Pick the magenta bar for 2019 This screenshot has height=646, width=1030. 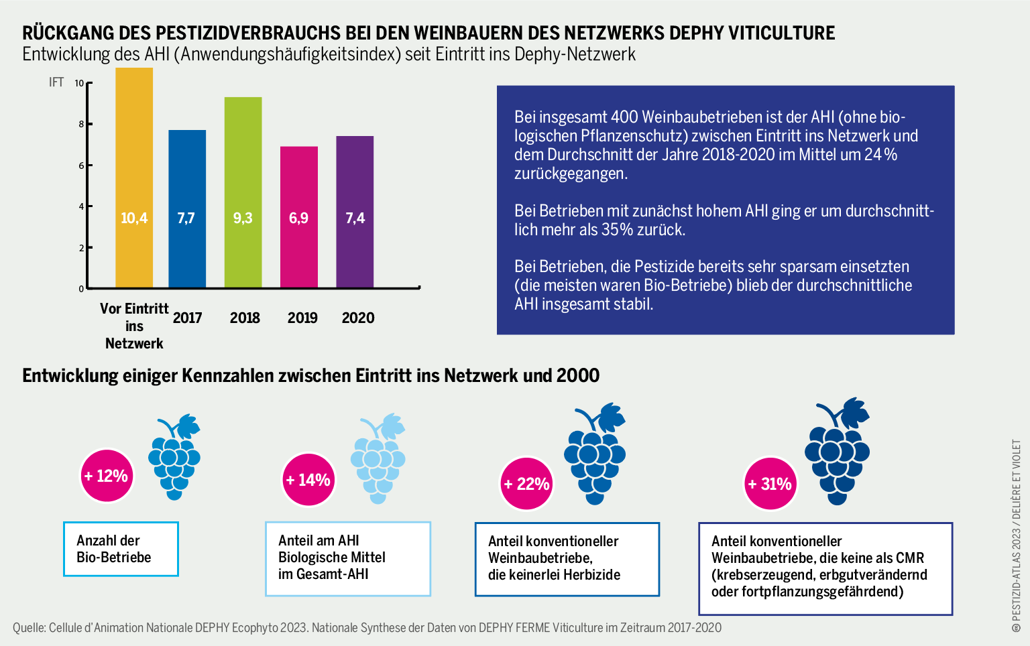[298, 217]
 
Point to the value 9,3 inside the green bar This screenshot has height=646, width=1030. [243, 218]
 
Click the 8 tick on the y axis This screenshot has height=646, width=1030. [81, 125]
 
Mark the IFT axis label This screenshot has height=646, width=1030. [56, 82]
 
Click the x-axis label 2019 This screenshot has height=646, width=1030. [302, 318]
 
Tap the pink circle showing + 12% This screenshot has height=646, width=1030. [106, 476]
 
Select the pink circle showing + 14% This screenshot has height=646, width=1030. [308, 480]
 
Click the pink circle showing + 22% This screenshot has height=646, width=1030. [526, 484]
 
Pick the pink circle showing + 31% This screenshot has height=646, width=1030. [770, 484]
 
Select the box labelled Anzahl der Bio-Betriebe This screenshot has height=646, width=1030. [121, 549]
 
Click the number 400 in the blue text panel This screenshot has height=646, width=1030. [624, 117]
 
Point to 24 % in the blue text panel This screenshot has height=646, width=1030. [880, 155]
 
